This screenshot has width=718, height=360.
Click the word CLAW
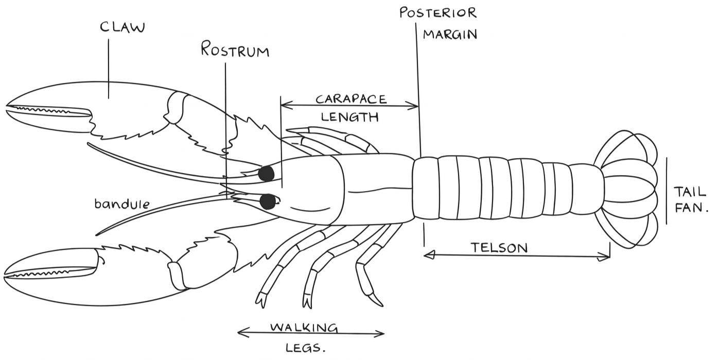click(122, 27)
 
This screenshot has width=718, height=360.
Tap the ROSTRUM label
click(235, 49)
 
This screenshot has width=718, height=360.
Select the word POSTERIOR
click(438, 13)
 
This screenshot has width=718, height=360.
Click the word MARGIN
click(450, 35)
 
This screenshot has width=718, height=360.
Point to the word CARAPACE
click(352, 99)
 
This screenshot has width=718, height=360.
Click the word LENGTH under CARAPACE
click(349, 117)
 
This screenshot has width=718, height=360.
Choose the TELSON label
click(499, 248)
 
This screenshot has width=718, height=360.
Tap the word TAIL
click(690, 192)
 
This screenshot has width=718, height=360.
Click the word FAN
click(691, 208)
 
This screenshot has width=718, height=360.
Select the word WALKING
click(304, 328)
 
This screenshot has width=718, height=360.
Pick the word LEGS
click(305, 348)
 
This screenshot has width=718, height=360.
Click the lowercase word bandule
click(122, 204)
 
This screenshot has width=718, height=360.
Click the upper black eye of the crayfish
click(266, 174)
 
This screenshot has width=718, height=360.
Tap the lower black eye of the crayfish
click(268, 201)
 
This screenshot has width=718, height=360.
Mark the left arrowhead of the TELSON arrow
click(429, 255)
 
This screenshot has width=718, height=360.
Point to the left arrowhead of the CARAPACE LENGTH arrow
click(286, 105)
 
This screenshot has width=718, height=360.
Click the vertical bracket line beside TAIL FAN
click(667, 191)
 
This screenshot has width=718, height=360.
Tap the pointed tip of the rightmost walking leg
click(382, 305)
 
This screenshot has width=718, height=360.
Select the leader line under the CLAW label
click(108, 68)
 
